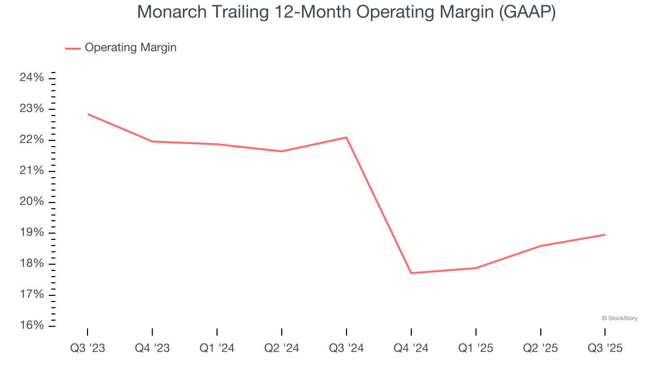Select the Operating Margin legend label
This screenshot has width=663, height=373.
coord(131,48)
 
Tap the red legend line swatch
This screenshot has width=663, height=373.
coord(73,48)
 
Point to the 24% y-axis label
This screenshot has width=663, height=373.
coord(31,78)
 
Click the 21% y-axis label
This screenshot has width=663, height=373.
coord(31,171)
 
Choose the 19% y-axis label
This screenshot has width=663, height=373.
coord(31,233)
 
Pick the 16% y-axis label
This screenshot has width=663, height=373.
coord(31,325)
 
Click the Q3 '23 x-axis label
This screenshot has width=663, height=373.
coord(88,348)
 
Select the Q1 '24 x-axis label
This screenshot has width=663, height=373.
coord(217,348)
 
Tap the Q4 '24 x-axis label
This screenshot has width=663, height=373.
coord(411,348)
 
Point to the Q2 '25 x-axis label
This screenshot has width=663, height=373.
coord(540,348)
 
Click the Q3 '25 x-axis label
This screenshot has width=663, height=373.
coord(605,348)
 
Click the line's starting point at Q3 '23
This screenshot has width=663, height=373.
coord(88,114)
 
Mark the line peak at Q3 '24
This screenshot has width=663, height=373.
coord(347,137)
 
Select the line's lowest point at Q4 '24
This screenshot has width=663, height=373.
coord(411,273)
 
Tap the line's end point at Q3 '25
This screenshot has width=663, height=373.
coord(604,235)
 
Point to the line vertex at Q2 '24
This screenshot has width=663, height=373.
coord(282,151)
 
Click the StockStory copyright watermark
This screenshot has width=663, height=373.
coord(619,318)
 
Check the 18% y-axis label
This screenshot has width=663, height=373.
coord(31,264)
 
